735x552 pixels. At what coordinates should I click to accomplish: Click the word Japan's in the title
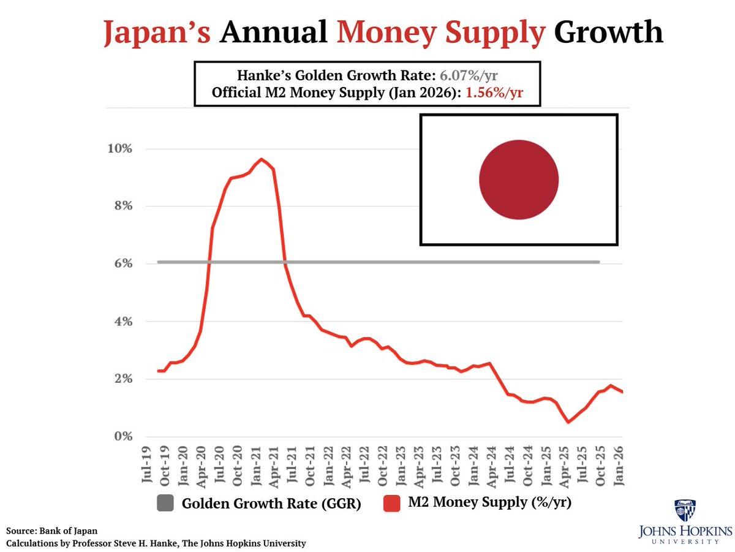click(x=157, y=32)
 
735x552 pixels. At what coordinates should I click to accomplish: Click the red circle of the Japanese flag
click(x=519, y=180)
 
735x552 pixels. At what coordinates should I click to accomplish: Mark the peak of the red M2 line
click(x=262, y=159)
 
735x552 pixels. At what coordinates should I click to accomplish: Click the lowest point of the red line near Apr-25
click(x=568, y=422)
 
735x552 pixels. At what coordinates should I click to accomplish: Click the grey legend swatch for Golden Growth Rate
click(x=165, y=504)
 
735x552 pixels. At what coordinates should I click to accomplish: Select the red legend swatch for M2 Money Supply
click(x=392, y=504)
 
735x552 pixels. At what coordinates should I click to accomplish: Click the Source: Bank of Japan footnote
click(x=52, y=531)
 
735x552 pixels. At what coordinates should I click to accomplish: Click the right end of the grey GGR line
click(x=598, y=262)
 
